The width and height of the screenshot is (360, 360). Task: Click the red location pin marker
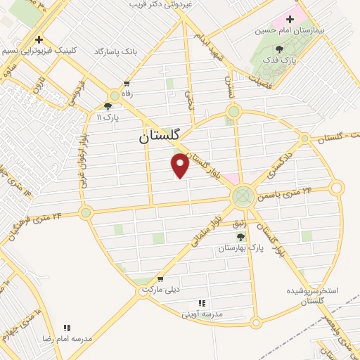tap(181, 165)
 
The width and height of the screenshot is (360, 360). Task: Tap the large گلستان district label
tap(161, 137)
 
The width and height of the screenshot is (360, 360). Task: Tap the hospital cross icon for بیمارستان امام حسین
tap(289, 19)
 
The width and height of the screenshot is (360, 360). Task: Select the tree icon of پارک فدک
tap(280, 49)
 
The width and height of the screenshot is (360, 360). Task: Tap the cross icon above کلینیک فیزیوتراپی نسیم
tap(39, 39)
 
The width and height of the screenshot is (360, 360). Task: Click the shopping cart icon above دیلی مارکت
tap(160, 278)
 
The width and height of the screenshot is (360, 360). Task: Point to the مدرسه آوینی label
tap(202, 314)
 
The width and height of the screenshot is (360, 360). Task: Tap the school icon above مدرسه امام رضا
tap(67, 327)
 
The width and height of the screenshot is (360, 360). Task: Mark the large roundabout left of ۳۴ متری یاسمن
tap(243, 195)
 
